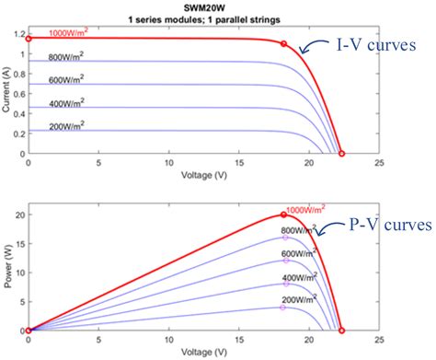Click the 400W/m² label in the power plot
click(304, 277)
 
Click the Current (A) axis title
click(6, 92)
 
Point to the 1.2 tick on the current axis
click(17, 34)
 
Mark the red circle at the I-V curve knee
click(283, 44)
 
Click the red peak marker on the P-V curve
click(283, 215)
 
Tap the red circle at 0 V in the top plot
click(29, 39)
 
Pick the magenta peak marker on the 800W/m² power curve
click(283, 238)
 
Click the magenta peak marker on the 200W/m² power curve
click(283, 308)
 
